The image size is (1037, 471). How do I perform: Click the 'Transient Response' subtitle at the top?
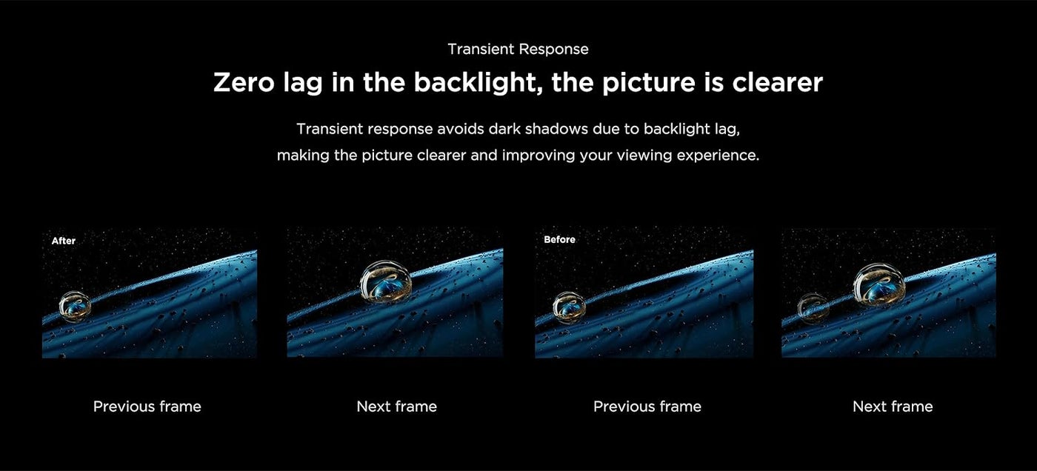(518, 49)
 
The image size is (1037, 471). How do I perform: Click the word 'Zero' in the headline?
(244, 82)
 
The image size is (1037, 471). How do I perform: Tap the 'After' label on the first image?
(64, 241)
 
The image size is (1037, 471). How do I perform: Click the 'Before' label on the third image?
(560, 240)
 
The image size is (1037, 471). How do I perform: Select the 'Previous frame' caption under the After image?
(147, 407)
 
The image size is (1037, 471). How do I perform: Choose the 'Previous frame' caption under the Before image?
(647, 407)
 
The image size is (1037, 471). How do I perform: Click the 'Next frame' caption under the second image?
(397, 407)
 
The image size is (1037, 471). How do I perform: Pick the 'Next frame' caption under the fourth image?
(893, 407)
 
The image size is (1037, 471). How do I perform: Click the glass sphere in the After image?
(75, 307)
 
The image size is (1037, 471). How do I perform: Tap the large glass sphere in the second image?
(386, 282)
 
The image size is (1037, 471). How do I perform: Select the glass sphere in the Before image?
(570, 307)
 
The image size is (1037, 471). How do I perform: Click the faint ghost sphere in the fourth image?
(813, 307)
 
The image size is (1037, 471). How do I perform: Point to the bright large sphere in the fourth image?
(879, 285)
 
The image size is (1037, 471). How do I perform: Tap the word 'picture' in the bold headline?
(649, 83)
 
